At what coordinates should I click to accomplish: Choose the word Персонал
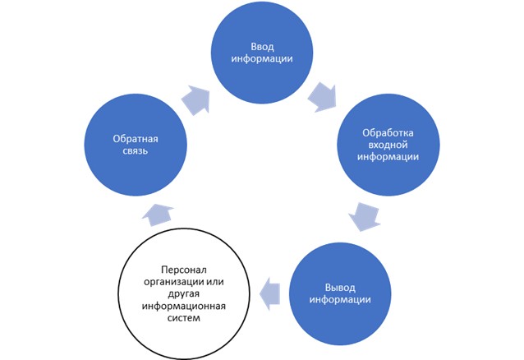[195, 269]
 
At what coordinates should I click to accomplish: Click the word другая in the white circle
[195, 294]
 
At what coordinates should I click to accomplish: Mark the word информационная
[195, 307]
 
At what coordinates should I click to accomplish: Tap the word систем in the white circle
[195, 319]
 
